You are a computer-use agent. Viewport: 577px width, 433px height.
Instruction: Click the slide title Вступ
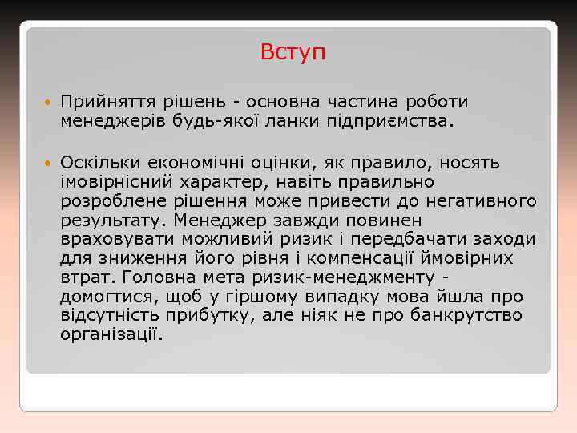tap(293, 53)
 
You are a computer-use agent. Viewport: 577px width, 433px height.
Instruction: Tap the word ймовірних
tap(468, 258)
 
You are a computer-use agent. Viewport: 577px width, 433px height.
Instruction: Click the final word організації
tap(111, 334)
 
